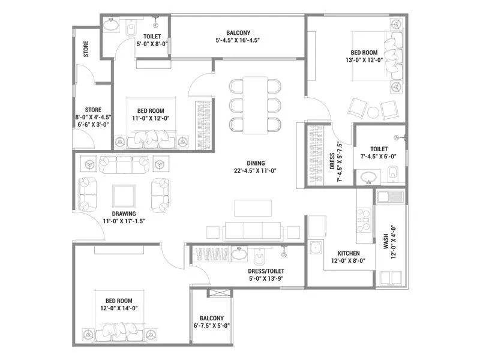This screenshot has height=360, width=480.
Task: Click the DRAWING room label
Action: (x=124, y=213)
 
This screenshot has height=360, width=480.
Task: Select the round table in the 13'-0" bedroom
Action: (x=373, y=112)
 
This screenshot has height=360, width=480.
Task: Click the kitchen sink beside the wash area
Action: (x=390, y=196)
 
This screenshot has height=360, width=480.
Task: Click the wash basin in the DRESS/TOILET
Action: (x=239, y=255)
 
